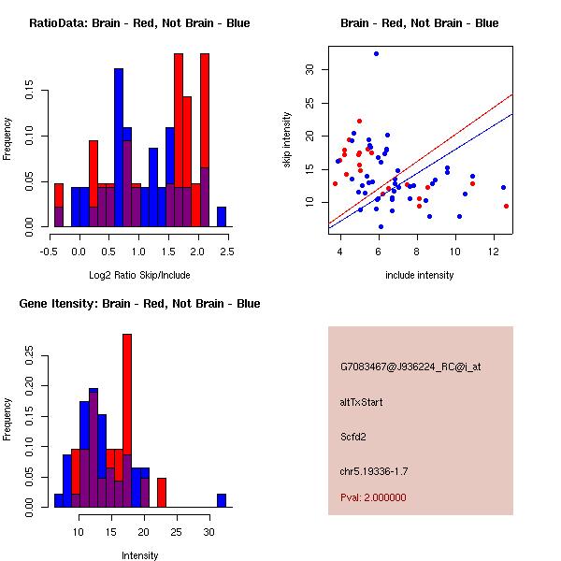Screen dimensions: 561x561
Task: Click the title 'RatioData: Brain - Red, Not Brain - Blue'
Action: pyautogui.click(x=139, y=23)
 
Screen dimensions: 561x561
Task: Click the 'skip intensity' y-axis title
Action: pyautogui.click(x=288, y=140)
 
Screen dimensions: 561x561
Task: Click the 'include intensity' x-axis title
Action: pyautogui.click(x=419, y=275)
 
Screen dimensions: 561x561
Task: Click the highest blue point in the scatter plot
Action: pyautogui.click(x=376, y=53)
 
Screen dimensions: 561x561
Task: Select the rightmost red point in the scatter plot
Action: pyautogui.click(x=506, y=206)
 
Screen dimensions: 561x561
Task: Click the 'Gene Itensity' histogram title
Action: pyautogui.click(x=139, y=304)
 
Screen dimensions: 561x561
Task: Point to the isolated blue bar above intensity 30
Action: pyautogui.click(x=222, y=500)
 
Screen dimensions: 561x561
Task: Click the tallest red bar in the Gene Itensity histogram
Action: pyautogui.click(x=127, y=421)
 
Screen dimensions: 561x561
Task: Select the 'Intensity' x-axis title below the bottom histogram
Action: pyautogui.click(x=139, y=555)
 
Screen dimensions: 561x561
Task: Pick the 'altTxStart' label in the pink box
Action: pyautogui.click(x=361, y=402)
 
